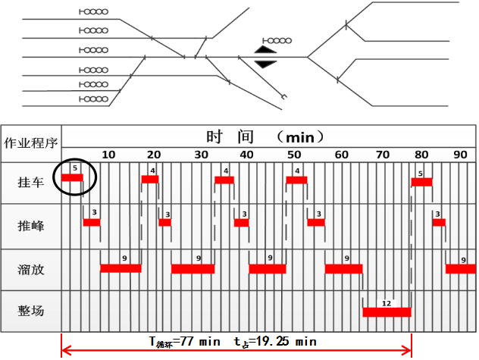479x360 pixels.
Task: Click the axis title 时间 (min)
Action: click(x=265, y=136)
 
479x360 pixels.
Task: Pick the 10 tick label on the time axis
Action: click(x=108, y=154)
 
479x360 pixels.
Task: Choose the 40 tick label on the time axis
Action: click(x=247, y=154)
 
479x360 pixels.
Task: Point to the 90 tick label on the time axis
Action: click(x=460, y=154)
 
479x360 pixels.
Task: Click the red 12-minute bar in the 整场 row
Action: click(x=387, y=311)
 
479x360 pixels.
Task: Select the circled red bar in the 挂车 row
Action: click(x=72, y=177)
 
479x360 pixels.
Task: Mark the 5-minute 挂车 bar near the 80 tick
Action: click(x=421, y=182)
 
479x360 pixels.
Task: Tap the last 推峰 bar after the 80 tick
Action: click(x=439, y=222)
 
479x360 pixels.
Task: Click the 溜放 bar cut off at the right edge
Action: click(x=461, y=268)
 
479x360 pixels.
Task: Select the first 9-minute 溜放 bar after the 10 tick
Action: click(x=121, y=268)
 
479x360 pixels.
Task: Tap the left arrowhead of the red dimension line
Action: click(x=65, y=350)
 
